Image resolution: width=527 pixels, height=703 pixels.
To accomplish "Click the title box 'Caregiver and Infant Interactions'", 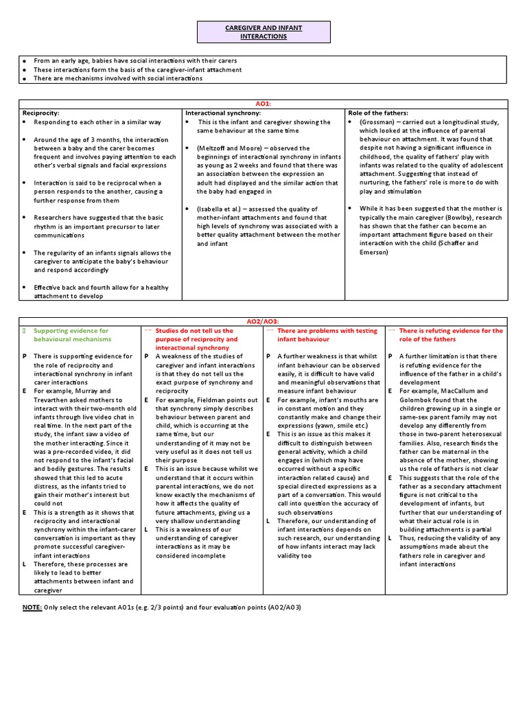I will tap(263, 32).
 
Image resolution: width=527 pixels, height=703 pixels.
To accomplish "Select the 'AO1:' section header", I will tap(263, 103).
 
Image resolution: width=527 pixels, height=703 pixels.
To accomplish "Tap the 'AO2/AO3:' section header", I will tap(263, 321).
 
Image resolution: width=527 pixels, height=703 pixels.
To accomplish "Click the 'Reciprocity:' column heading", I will tap(41, 113).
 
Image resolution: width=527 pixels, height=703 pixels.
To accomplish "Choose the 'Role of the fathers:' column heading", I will tap(378, 113).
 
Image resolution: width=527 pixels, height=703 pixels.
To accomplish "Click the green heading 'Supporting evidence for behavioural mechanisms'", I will tap(71, 335).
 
